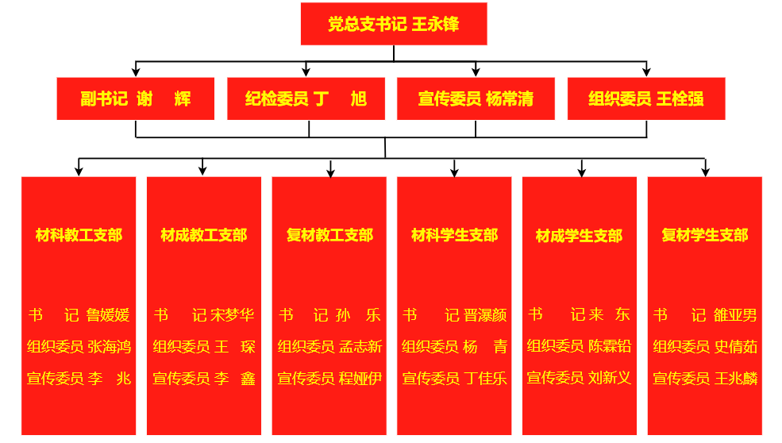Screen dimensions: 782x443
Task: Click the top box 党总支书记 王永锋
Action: pyautogui.click(x=394, y=24)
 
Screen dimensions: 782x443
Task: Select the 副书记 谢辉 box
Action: pyautogui.click(x=136, y=98)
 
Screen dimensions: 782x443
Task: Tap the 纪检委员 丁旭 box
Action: pyautogui.click(x=306, y=98)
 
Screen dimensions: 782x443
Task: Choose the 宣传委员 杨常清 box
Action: pyautogui.click(x=476, y=98)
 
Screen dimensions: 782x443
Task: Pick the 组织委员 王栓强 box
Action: pyautogui.click(x=646, y=98)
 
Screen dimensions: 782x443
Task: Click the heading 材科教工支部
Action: pyautogui.click(x=79, y=235)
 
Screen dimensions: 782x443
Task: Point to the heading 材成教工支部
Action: pyautogui.click(x=204, y=235)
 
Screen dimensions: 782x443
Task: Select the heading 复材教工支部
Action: pyautogui.click(x=329, y=235)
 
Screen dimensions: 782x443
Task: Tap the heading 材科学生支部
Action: pyautogui.click(x=454, y=235)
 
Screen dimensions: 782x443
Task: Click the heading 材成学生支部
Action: pyautogui.click(x=579, y=236)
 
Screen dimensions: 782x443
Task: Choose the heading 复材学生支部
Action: pyautogui.click(x=705, y=235)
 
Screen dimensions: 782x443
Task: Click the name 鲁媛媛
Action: pyautogui.click(x=108, y=315)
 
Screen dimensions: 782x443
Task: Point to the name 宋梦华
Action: pyautogui.click(x=233, y=315)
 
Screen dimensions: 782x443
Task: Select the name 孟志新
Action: pyautogui.click(x=360, y=347)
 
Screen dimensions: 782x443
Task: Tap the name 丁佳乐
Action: pyautogui.click(x=485, y=379)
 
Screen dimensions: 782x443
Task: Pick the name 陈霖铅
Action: pyautogui.click(x=610, y=346)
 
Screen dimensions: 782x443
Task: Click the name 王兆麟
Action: pyautogui.click(x=736, y=379)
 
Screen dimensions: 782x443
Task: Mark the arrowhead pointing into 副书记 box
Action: pyautogui.click(x=136, y=72)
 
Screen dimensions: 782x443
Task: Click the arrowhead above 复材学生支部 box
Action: pyautogui.click(x=705, y=171)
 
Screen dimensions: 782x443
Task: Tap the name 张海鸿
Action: pyautogui.click(x=110, y=347)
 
